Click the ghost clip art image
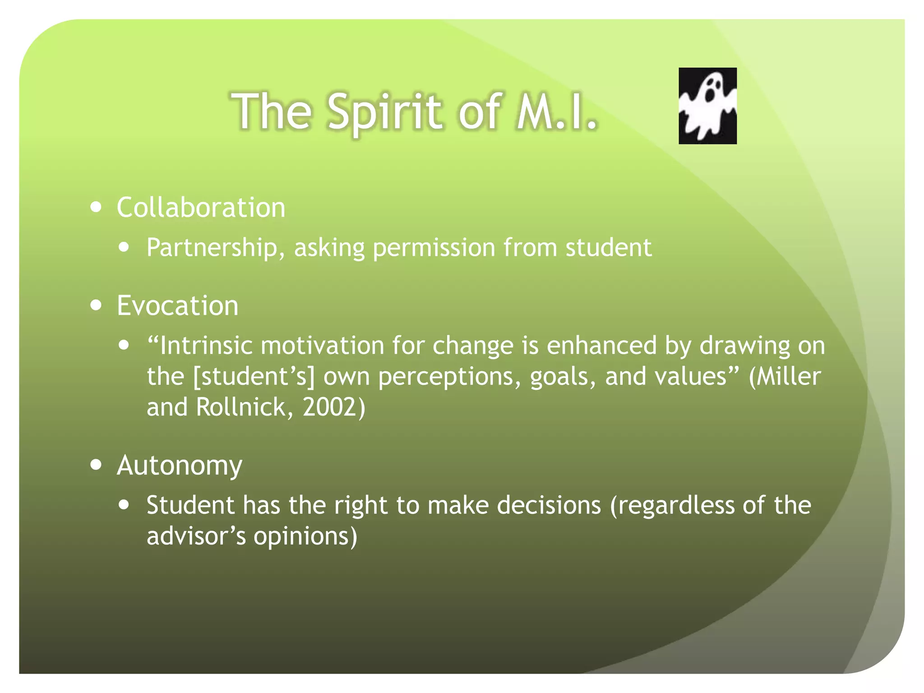tap(707, 106)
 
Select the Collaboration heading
tap(201, 208)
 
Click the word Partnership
tap(212, 248)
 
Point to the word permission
tap(434, 248)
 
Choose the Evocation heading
tap(178, 305)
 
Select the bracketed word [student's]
tap(254, 376)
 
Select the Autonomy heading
tap(180, 466)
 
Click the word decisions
tap(549, 505)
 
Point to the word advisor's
tap(196, 536)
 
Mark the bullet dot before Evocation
tap(96, 305)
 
